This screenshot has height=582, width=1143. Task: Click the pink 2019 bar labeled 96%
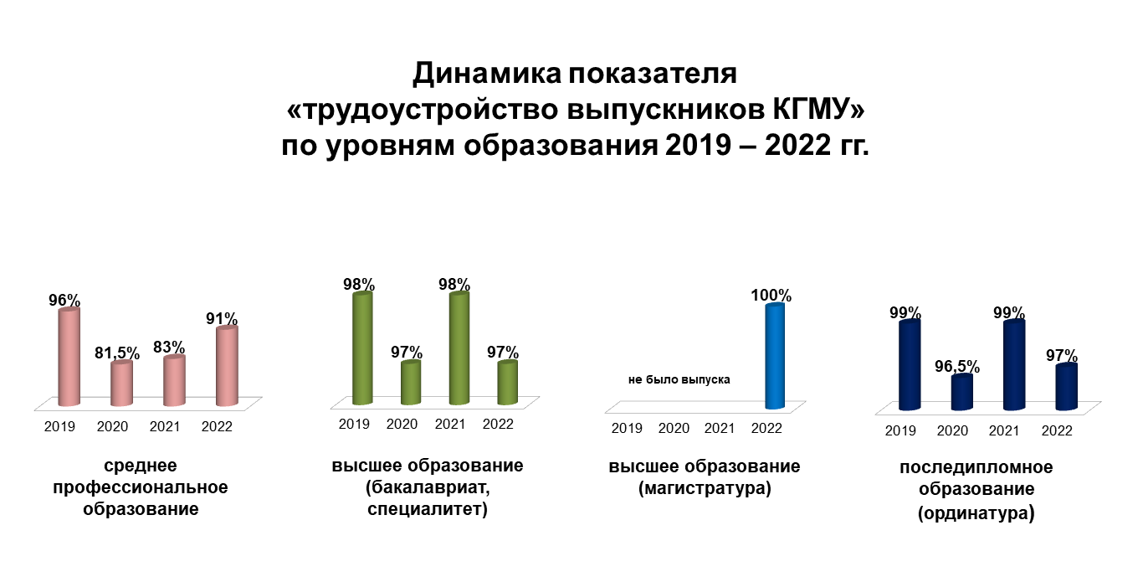69,357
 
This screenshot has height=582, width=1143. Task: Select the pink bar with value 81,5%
122,383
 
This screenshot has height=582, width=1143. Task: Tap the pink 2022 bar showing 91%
227,366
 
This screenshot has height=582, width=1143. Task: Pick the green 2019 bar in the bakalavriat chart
362,348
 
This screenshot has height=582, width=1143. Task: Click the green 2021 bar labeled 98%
459,348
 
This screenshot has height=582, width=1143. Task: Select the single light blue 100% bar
775,356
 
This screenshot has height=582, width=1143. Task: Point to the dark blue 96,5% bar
962,392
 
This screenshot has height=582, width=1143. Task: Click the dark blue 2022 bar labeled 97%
1067,387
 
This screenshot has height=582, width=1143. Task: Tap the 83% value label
169,348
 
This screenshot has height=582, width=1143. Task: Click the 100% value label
771,295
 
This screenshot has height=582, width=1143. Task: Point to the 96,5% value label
957,366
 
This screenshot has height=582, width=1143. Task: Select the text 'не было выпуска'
679,379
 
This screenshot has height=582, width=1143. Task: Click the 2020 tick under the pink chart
112,426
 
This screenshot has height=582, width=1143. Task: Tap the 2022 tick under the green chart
498,424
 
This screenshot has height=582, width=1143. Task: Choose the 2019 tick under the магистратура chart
627,428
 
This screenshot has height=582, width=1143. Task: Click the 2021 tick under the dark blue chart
1004,430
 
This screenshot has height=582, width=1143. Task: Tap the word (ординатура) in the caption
976,512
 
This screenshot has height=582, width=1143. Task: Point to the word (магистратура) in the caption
705,488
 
